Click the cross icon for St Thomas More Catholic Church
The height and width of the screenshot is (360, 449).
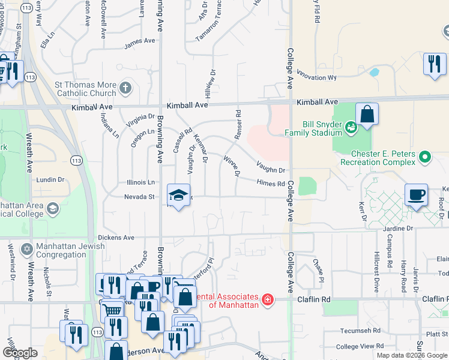tap(125, 88)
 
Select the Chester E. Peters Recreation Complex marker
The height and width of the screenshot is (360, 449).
tap(425, 158)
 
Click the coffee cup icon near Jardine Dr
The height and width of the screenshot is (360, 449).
tap(416, 195)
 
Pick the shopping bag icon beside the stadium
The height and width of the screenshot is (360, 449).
tap(367, 114)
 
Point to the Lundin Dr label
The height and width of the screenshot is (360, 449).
tap(50, 179)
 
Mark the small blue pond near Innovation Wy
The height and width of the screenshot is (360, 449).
tap(375, 73)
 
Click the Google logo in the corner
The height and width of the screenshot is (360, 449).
tap(20, 353)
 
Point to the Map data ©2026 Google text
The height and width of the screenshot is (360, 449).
tap(411, 355)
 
